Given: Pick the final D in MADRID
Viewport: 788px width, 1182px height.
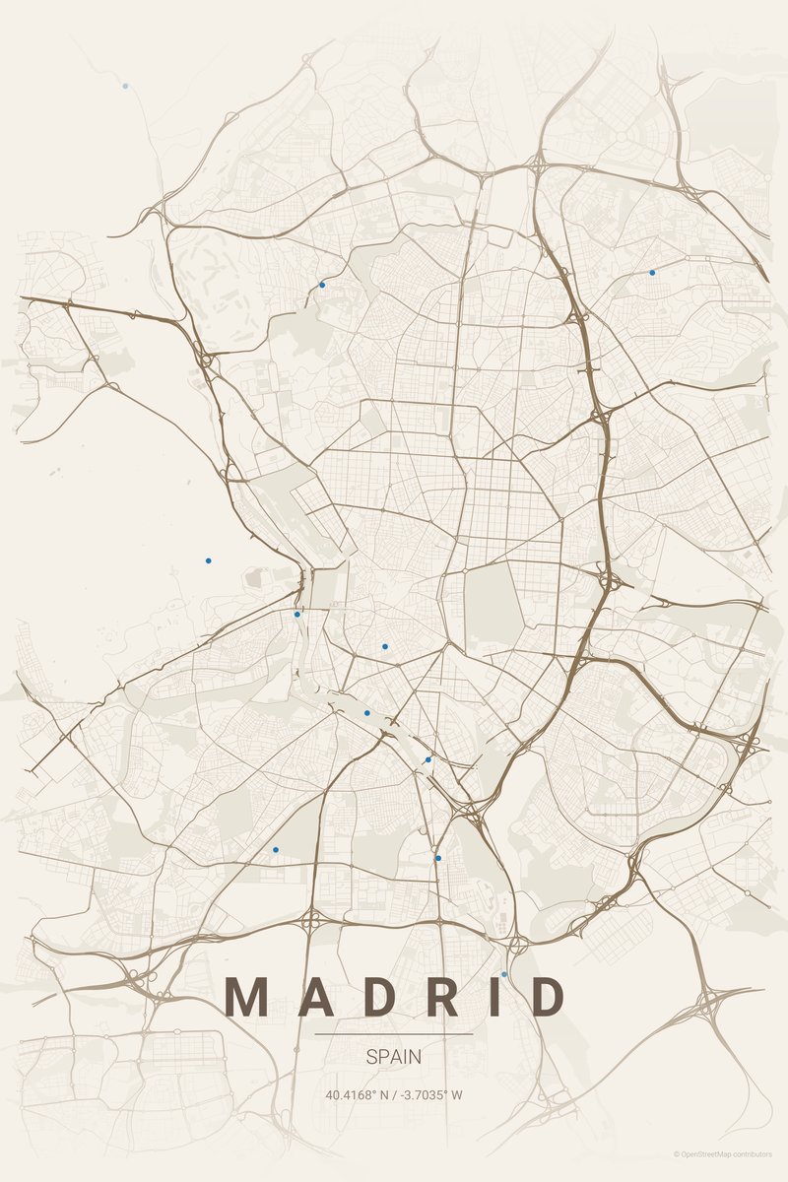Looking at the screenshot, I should pyautogui.click(x=548, y=997).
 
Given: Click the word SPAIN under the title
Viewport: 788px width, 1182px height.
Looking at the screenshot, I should pyautogui.click(x=394, y=1057).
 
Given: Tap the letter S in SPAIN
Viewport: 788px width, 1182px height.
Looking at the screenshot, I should pyautogui.click(x=371, y=1057).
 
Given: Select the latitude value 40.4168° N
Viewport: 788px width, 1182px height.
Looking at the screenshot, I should pyautogui.click(x=356, y=1094).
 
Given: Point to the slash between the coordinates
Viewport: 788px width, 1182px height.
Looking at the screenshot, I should pyautogui.click(x=393, y=1094).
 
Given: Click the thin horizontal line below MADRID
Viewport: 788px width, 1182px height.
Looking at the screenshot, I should pyautogui.click(x=394, y=1034).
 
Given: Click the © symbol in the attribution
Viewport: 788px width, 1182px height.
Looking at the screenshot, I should pyautogui.click(x=677, y=1153).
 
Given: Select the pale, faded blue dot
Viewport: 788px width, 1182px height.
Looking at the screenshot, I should pyautogui.click(x=125, y=86).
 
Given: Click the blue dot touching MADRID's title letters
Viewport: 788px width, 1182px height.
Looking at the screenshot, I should pyautogui.click(x=504, y=974).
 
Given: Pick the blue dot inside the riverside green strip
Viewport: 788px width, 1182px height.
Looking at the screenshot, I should pyautogui.click(x=367, y=712).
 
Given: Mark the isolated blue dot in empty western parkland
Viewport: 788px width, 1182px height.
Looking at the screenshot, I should pyautogui.click(x=208, y=560).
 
